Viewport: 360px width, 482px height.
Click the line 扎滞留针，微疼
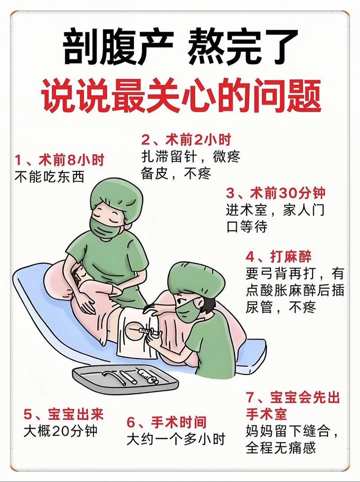(x=190, y=156)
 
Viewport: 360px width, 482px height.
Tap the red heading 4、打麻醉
(x=279, y=257)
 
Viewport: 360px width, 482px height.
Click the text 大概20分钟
(x=61, y=431)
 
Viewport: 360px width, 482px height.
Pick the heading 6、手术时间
(x=166, y=422)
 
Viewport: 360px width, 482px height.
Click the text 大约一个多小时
(x=175, y=439)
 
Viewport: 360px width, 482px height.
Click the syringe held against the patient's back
(x=146, y=332)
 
